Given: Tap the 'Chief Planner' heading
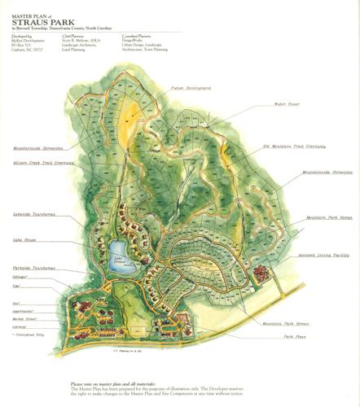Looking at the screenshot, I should (x=72, y=36).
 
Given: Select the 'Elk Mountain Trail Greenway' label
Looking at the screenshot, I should (x=294, y=147).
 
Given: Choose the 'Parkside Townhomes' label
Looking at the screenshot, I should (x=35, y=268).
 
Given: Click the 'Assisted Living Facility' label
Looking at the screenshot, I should (x=323, y=255).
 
